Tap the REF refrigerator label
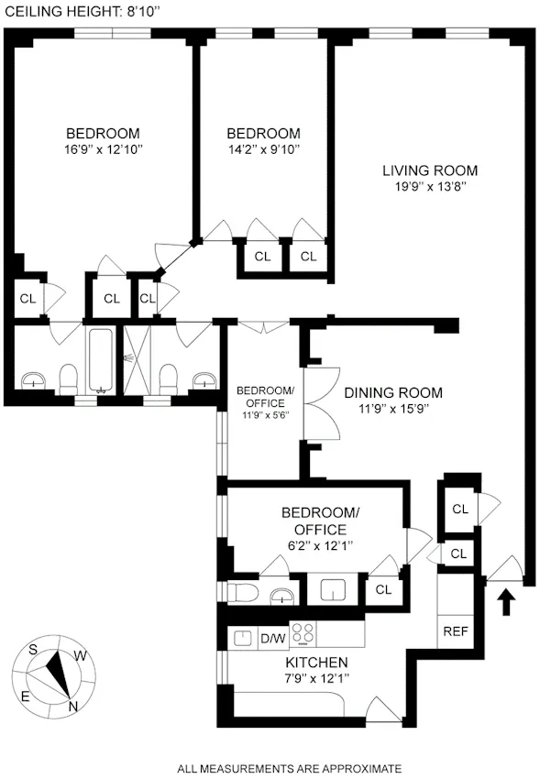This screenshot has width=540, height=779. point(456,631)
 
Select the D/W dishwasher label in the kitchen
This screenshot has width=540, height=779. point(272,638)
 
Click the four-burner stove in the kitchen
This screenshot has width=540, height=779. point(303,633)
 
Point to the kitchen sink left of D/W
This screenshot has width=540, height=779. point(244,637)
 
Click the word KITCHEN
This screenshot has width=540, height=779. point(315,662)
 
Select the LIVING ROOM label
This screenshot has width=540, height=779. point(430,170)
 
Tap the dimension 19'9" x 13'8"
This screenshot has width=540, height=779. point(430,188)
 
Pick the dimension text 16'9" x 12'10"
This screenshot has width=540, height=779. point(102,148)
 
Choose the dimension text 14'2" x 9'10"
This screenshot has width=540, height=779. point(263,148)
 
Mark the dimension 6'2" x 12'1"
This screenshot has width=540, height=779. point(314,545)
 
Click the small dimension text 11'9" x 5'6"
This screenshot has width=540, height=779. point(266,415)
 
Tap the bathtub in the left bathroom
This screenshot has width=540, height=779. point(100,361)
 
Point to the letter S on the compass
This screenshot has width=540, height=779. point(33,649)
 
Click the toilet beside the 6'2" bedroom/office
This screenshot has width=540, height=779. point(240,593)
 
